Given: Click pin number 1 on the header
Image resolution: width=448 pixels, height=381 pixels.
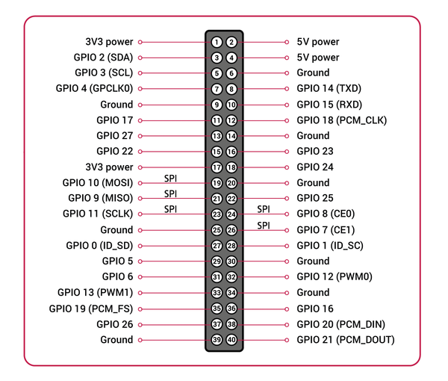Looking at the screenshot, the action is coord(217,43).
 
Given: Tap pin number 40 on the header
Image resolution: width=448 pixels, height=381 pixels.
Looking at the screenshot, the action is coord(231,340).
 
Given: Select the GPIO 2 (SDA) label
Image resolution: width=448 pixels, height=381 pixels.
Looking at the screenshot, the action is coord(104,58).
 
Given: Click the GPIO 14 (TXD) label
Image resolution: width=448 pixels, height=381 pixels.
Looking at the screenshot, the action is coord(329,89).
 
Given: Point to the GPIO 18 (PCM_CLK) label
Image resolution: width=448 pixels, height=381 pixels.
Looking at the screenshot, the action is coord(342,120).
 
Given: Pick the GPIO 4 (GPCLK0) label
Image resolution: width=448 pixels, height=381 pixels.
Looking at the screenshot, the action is coord(95,89).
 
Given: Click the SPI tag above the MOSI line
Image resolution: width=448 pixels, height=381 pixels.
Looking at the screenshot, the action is coord(170,179).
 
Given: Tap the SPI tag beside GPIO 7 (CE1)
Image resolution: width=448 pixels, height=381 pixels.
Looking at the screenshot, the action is coord(264,226).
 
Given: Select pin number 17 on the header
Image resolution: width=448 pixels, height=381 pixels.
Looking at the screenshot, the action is coord(217,167).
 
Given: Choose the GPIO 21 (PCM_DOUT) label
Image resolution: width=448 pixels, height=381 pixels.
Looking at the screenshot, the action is coord(346,340).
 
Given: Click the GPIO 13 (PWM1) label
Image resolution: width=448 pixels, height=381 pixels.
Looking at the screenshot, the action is coord(96,293).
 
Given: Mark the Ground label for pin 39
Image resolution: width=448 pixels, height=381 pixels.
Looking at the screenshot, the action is coord(116,340).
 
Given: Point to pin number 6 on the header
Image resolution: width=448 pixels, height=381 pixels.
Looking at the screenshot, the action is coord(231,73).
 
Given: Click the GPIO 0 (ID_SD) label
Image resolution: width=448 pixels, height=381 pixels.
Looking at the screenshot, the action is coord(100,246).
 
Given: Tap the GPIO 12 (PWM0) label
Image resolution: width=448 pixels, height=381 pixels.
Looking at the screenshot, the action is coord(335,276).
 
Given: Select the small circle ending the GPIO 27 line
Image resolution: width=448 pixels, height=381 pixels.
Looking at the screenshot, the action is coord(140,136).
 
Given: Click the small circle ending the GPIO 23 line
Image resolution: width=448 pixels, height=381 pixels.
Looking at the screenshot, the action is coord(287,152).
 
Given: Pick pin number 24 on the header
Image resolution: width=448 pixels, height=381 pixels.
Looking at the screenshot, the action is coord(231,214).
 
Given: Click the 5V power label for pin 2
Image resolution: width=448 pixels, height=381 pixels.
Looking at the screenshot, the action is coord(318,42).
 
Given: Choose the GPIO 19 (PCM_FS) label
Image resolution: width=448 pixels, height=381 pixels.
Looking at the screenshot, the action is coord(91,309).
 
